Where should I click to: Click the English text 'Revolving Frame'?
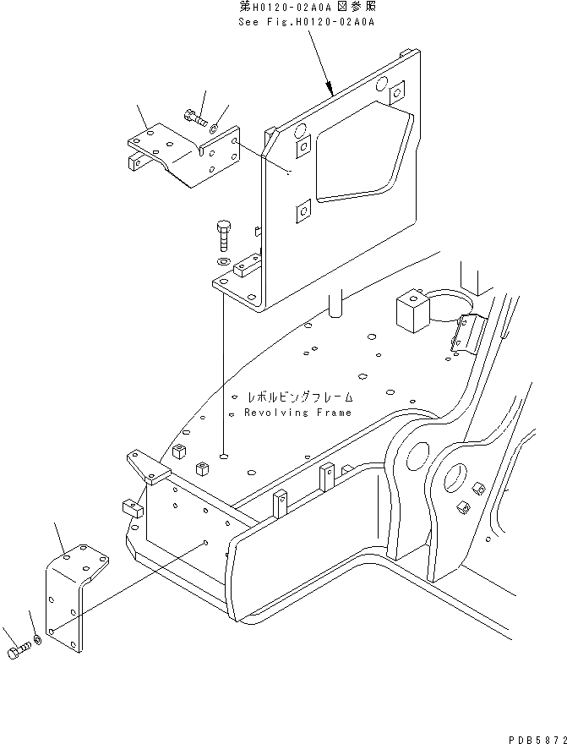click(x=298, y=413)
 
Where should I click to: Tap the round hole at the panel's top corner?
click(x=382, y=84)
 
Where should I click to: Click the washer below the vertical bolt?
click(x=223, y=262)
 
